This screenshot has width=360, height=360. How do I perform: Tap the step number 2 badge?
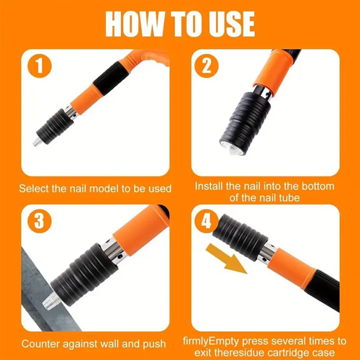coord(206,66)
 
